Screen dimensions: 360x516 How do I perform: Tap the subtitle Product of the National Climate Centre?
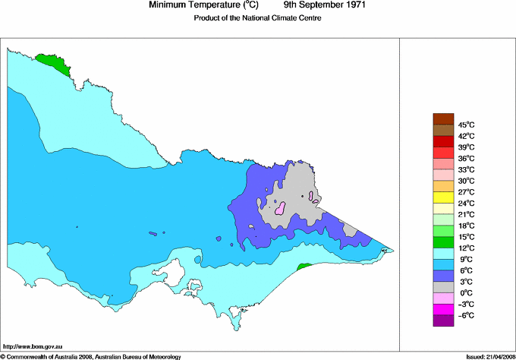tap(257, 18)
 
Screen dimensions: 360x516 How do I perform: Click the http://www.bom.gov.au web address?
tap(33, 346)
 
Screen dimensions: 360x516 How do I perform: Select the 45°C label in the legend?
tap(465, 125)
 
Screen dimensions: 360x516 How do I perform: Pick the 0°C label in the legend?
tap(464, 292)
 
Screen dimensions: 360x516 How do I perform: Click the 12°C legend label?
tap(465, 248)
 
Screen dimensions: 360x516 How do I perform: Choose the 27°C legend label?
tap(465, 192)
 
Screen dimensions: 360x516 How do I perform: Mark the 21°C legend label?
tap(465, 214)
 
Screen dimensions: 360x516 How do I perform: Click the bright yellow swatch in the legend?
tap(442, 197)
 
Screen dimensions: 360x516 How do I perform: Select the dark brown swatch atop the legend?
tap(442, 118)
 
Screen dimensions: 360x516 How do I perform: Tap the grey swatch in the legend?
tap(442, 286)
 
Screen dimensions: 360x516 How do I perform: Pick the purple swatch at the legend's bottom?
tap(442, 321)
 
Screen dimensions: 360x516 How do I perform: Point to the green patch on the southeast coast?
tap(304, 267)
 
